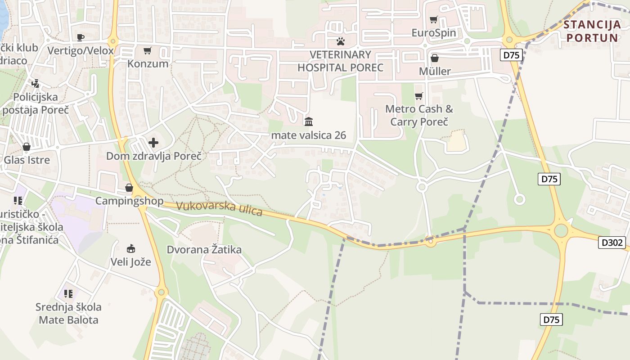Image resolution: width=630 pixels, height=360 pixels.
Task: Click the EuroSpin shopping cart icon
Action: [433, 19]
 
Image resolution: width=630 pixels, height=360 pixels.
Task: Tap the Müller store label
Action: [434, 71]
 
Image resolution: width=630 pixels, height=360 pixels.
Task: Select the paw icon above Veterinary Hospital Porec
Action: [340, 41]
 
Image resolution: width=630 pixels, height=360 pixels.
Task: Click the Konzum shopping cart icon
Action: [147, 50]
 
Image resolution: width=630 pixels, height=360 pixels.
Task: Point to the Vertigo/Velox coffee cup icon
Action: [81, 37]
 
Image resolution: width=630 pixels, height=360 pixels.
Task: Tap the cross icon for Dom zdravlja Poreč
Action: [153, 143]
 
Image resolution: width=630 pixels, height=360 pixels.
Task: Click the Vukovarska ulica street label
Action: [219, 208]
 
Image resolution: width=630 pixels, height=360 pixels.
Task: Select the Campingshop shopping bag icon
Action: [129, 188]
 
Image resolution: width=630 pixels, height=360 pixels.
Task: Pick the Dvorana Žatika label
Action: [204, 249]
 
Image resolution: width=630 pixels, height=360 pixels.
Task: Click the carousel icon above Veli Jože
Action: [131, 248]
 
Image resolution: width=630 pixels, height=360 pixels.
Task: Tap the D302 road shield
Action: [612, 243]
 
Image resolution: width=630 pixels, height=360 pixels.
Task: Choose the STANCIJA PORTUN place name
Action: [592, 31]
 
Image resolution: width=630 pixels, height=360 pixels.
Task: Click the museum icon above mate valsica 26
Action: [309, 121]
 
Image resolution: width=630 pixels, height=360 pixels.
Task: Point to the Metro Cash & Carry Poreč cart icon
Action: [419, 96]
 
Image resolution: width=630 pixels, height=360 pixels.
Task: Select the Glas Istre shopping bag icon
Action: [27, 147]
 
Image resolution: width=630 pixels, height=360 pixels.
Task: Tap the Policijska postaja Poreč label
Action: [36, 103]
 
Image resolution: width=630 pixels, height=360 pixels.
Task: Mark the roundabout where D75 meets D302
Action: [561, 231]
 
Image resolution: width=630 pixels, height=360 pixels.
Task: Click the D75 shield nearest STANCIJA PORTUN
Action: [511, 55]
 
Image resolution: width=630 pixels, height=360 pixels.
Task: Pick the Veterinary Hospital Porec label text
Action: [340, 61]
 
